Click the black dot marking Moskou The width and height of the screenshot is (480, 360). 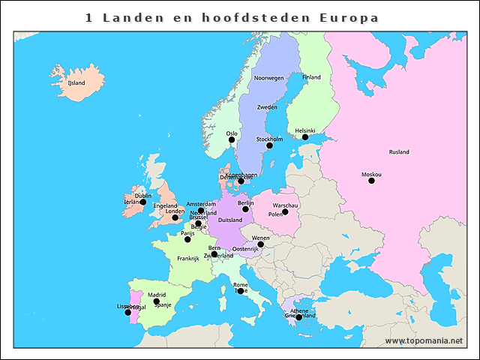click(x=371, y=181)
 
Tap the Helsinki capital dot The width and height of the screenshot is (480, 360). click(x=305, y=137)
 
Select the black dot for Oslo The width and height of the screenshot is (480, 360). click(x=232, y=140)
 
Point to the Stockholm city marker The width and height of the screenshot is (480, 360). click(x=269, y=145)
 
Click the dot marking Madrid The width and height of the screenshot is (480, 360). click(x=157, y=301)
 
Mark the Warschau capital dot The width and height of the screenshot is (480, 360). click(x=285, y=211)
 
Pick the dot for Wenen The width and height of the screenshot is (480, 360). click(x=260, y=244)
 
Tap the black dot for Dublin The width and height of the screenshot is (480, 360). click(x=142, y=202)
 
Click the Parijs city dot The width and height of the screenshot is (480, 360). click(x=187, y=239)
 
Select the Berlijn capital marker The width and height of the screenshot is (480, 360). click(x=245, y=209)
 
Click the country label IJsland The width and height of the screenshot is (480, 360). click(x=76, y=83)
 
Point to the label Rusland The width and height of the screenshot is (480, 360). click(x=399, y=152)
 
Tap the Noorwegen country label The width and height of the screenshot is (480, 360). click(x=269, y=78)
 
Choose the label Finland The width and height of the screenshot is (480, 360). click(x=311, y=77)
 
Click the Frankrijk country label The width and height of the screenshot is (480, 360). click(x=187, y=259)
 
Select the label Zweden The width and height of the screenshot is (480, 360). click(x=267, y=107)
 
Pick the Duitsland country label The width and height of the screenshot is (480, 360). click(x=229, y=220)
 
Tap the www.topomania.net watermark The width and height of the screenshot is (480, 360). click(x=424, y=341)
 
